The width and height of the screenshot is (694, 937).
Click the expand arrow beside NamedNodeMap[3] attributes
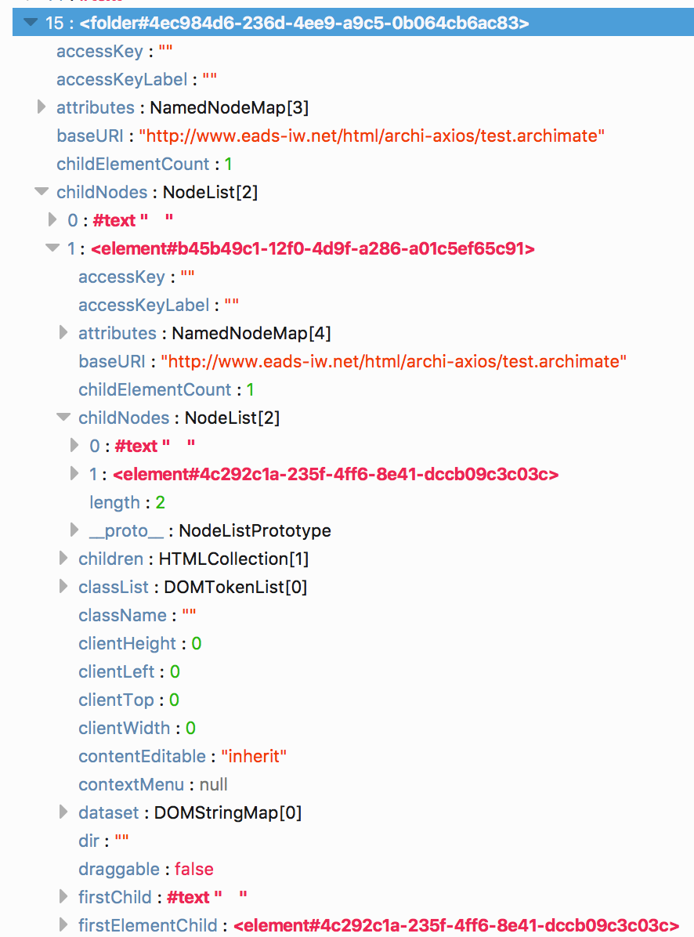click(42, 107)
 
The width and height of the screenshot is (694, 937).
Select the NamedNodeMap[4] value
click(251, 334)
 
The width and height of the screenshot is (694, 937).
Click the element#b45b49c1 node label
click(313, 249)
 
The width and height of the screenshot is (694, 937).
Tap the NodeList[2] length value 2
click(160, 503)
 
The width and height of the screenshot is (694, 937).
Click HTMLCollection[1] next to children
click(233, 559)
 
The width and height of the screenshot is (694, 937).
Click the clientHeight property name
click(127, 644)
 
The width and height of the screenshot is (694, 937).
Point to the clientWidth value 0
click(190, 729)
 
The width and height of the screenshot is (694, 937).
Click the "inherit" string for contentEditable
click(254, 757)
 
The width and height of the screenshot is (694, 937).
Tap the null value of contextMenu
click(214, 785)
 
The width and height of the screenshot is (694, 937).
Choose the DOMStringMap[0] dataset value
click(227, 813)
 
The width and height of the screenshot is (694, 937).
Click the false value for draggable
click(193, 870)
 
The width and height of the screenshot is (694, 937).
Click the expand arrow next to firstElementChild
click(63, 924)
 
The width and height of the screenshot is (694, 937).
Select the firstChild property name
click(115, 898)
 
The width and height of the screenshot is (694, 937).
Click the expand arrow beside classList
click(63, 586)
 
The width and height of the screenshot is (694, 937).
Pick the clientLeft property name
click(117, 672)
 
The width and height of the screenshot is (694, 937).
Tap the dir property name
click(89, 841)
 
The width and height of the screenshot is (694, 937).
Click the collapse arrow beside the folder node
click(31, 23)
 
